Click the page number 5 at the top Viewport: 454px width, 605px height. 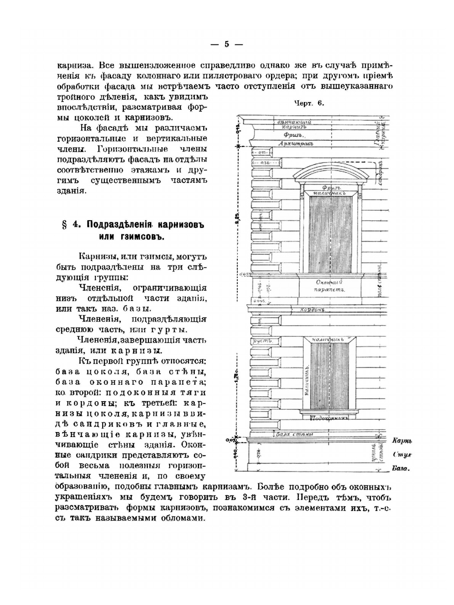point(227,44)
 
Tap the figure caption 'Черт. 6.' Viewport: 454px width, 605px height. point(309,103)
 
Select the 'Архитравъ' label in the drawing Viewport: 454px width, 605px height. point(297,143)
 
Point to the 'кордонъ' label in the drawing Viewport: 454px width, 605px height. point(314,310)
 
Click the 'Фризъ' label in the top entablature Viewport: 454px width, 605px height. point(294,135)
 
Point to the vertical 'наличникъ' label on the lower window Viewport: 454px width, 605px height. point(307,379)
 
